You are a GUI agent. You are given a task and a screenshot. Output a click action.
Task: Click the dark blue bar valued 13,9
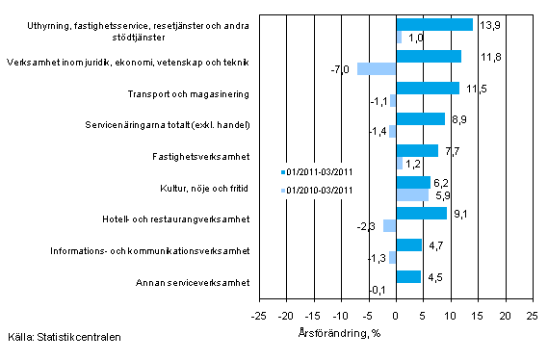coord(434,24)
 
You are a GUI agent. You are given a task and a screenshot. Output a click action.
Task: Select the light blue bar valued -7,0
coord(377,68)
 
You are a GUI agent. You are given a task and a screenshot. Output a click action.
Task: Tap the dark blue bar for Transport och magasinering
coord(428,88)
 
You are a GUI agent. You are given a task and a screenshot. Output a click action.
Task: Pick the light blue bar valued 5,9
coord(412,194)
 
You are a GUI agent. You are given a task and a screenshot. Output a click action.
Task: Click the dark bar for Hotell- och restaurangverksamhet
coord(421,213)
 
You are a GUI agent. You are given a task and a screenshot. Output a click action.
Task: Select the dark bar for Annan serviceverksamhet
coord(408,276)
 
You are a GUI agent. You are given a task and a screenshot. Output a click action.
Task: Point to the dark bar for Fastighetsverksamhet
coord(417,150)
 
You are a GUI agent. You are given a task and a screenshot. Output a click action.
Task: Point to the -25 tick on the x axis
coord(258,314)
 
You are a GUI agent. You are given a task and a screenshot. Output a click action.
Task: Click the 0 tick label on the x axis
coord(396,314)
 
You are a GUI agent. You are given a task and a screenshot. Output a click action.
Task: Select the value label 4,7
coord(434,244)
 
